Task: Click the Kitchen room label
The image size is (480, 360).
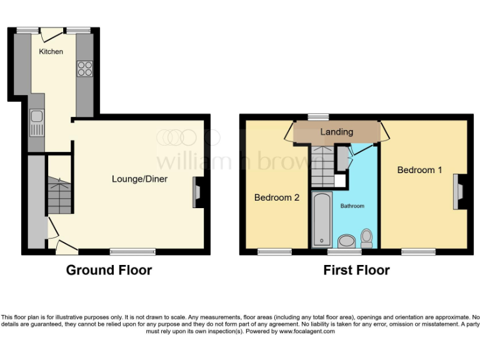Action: [51, 51]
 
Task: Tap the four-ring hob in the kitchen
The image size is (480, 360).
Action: [85, 69]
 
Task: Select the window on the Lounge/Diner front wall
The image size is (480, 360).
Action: [132, 252]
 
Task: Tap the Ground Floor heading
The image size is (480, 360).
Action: [109, 271]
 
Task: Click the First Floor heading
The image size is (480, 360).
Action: [356, 271]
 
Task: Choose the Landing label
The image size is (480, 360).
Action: [337, 132]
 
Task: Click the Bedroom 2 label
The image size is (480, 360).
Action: [277, 197]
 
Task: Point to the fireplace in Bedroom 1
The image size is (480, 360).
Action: [459, 191]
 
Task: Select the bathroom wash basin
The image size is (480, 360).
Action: [346, 241]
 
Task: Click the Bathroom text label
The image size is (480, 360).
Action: [352, 206]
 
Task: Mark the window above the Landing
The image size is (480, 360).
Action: [319, 116]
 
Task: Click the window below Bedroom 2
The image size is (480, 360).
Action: [275, 252]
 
